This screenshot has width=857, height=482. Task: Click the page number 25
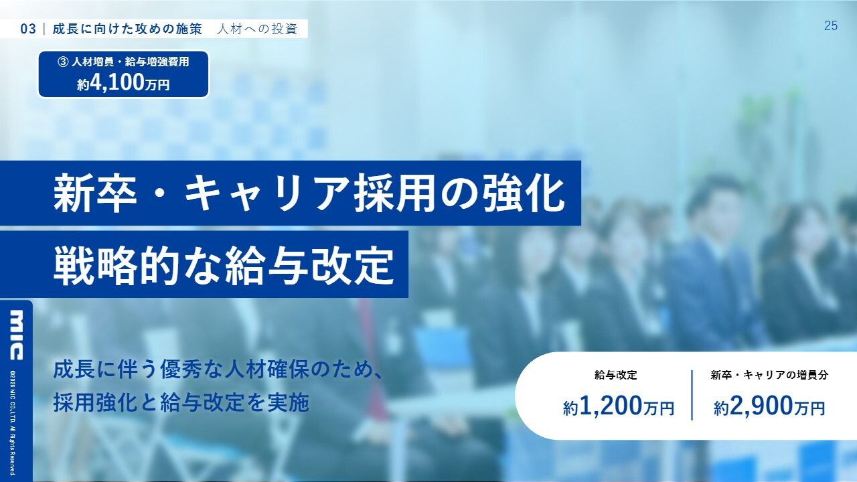point(831,25)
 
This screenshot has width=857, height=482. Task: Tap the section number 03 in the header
point(28,29)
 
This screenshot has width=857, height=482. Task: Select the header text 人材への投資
point(257,29)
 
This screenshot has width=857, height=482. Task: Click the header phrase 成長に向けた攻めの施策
point(127,29)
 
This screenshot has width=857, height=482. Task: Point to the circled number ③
point(63,62)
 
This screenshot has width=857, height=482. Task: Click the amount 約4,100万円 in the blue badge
point(123,83)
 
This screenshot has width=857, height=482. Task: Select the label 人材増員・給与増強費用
point(130,62)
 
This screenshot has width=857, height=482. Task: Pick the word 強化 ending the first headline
point(524,193)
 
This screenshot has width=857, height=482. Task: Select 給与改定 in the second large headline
point(310,264)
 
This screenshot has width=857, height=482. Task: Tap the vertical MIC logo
point(16,335)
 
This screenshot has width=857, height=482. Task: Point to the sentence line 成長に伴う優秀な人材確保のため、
point(218,370)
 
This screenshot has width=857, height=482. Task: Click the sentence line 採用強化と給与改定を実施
point(181,402)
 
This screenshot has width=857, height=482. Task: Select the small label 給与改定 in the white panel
point(615,375)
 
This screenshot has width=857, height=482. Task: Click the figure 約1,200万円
point(618,406)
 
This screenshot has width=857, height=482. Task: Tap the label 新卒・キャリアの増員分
point(769,375)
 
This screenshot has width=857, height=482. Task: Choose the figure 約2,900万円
point(769,406)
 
